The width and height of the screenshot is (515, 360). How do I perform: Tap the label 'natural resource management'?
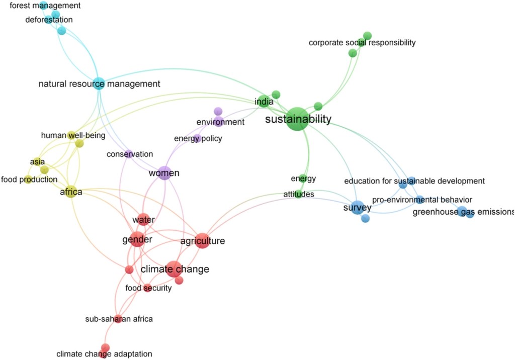point(99,84)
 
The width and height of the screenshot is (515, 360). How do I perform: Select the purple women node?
point(164,173)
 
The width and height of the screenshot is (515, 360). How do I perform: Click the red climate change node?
point(174,269)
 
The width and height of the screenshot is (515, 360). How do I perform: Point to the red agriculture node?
point(202,241)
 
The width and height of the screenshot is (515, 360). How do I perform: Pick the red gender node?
point(137,240)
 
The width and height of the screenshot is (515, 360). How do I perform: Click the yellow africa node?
point(71,192)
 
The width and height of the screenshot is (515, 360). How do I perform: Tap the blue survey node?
point(357,207)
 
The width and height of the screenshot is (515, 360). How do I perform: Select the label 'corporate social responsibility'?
point(362,43)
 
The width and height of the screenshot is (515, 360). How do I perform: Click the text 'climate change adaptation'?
point(104,354)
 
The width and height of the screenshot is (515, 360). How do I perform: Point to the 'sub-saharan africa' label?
point(119,319)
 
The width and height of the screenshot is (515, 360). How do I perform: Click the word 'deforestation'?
point(49,20)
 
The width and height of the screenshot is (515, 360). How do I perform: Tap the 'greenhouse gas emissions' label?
point(463,212)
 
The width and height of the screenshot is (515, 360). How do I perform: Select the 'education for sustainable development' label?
point(414,181)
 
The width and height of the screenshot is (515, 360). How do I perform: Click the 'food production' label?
point(29,179)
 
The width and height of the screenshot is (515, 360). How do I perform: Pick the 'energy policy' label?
point(198,138)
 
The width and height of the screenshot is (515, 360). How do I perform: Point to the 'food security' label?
point(148,288)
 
